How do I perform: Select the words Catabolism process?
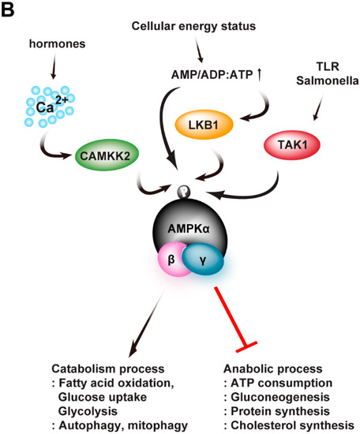(x=98, y=369)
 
